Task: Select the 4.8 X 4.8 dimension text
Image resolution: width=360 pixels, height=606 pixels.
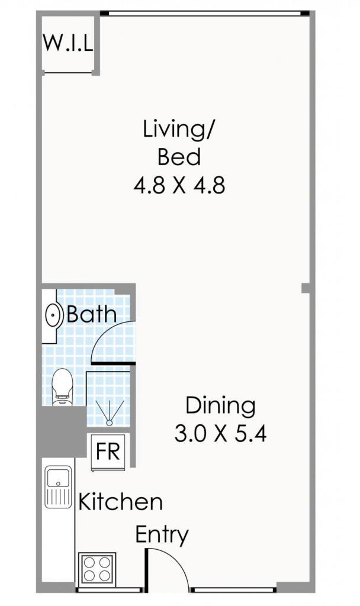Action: (x=179, y=185)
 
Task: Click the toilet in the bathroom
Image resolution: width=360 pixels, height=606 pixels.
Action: (x=62, y=387)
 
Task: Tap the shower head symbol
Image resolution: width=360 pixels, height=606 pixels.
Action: (x=110, y=414)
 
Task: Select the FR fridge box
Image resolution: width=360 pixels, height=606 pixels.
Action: (x=108, y=452)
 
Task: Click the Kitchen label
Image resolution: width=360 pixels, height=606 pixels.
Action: (x=120, y=502)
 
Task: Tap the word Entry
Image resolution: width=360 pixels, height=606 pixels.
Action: (x=162, y=535)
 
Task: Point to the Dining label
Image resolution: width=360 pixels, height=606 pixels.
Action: (x=220, y=405)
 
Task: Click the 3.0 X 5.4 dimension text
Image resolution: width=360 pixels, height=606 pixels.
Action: (x=220, y=433)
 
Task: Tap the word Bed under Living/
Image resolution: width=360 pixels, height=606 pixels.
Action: (x=179, y=157)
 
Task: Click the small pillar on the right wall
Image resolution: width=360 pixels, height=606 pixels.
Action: (x=306, y=288)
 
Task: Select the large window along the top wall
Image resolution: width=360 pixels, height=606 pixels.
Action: (x=205, y=14)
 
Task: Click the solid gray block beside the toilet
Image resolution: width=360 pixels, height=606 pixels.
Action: (x=61, y=431)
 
